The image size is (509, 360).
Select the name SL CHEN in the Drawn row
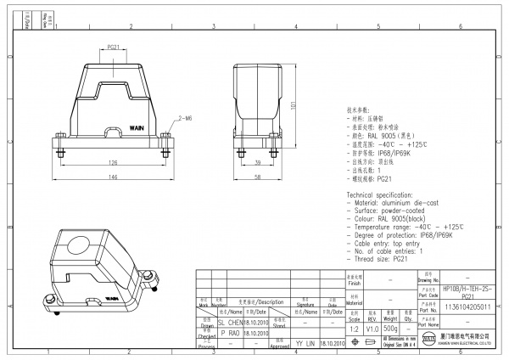point(230,323)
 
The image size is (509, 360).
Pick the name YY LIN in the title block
point(305,344)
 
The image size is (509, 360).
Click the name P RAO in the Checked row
point(229,334)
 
